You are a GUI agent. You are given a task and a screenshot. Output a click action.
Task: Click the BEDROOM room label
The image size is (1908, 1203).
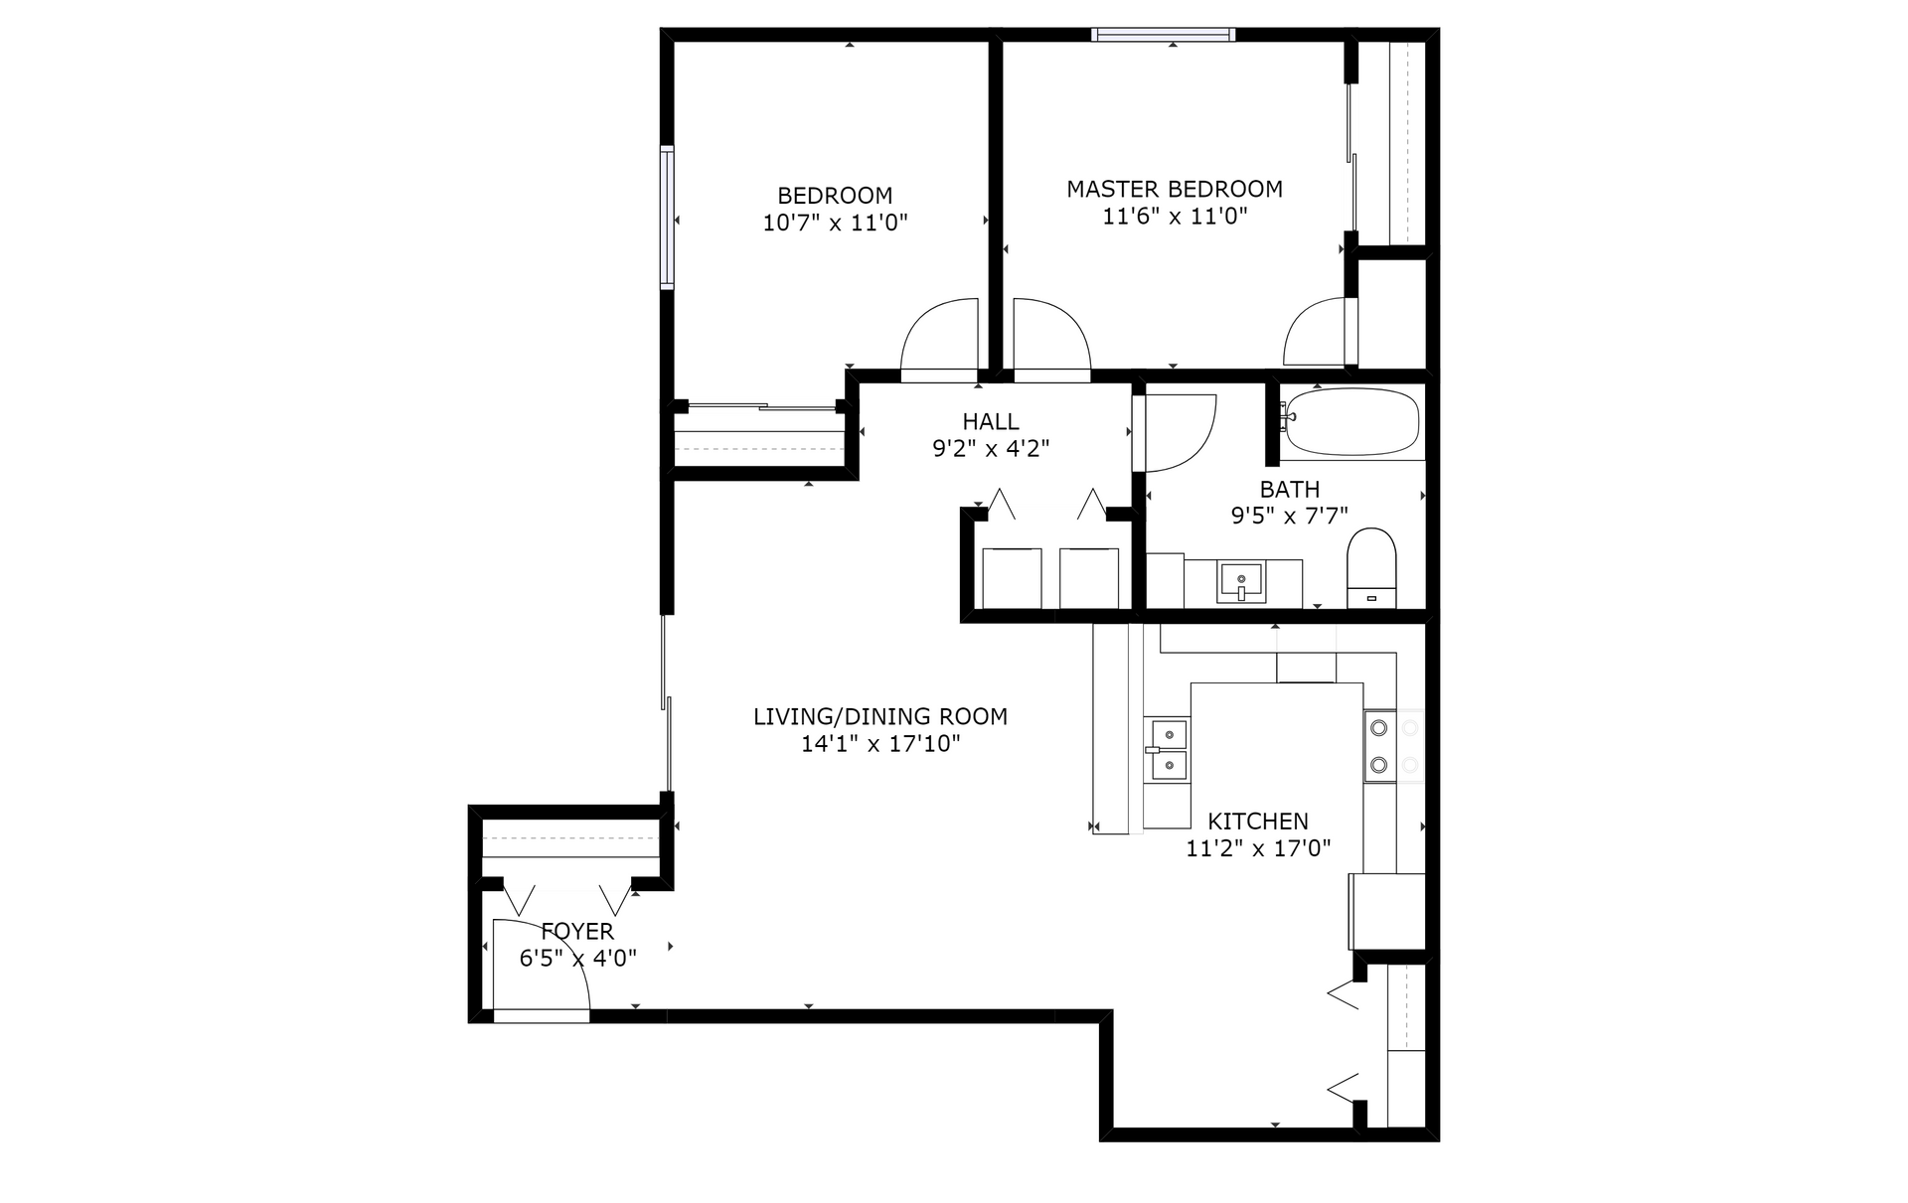(835, 196)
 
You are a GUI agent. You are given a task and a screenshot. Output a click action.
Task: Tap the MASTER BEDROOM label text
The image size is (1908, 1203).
(1175, 189)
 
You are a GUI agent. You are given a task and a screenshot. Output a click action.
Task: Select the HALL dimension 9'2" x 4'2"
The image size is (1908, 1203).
(991, 449)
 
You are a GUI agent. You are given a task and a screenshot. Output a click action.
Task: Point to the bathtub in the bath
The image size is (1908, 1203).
(1350, 421)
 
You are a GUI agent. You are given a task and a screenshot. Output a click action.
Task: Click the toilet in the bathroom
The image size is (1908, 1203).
(1371, 568)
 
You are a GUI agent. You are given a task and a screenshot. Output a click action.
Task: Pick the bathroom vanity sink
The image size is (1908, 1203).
(1241, 582)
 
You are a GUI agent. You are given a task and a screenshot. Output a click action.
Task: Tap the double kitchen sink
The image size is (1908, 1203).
(1167, 750)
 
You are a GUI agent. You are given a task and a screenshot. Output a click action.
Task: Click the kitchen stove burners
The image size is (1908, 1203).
(1378, 746)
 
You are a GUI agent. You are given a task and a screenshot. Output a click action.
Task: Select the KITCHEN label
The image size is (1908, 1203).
(1258, 822)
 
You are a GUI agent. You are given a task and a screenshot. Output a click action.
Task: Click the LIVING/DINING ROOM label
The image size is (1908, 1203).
(880, 716)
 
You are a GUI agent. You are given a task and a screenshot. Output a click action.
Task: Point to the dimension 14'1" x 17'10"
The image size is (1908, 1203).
(880, 744)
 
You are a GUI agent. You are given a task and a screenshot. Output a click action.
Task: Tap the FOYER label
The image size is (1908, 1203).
(577, 932)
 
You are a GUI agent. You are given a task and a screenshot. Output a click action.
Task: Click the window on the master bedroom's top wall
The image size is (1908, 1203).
(1163, 35)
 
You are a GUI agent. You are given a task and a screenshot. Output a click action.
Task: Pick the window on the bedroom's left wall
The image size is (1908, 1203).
(667, 218)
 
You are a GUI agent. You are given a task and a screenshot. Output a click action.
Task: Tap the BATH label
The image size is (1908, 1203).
(1290, 490)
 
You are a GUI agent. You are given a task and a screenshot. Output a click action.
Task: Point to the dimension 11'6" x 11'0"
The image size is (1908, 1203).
(1175, 216)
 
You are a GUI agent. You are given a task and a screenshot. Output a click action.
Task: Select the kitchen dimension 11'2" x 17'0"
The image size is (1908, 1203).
(1258, 848)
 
